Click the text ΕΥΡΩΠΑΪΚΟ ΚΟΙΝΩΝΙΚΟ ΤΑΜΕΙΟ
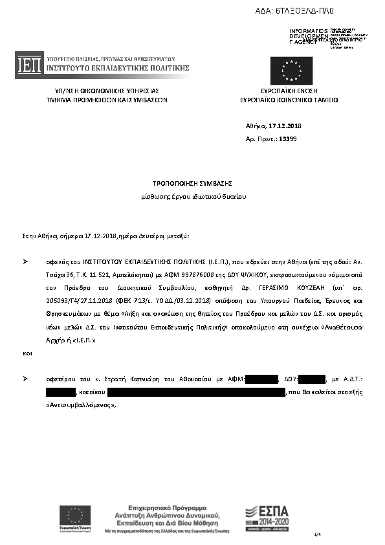pyautogui.click(x=289, y=101)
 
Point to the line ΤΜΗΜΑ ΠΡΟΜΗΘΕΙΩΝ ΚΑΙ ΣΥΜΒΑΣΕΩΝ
pyautogui.click(x=107, y=101)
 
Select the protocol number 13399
pyautogui.click(x=288, y=139)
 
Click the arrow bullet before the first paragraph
pyautogui.click(x=25, y=261)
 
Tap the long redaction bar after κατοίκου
pyautogui.click(x=196, y=392)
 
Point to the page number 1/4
pyautogui.click(x=317, y=534)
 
